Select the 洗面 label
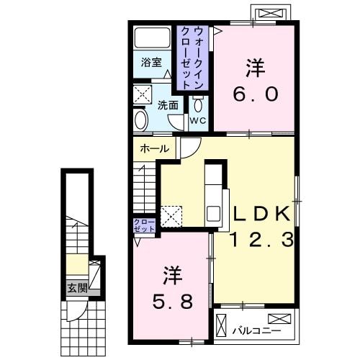(168, 104)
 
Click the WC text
(197, 121)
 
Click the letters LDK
(261, 213)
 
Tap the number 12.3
(262, 240)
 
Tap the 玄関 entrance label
(77, 289)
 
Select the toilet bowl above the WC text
(198, 104)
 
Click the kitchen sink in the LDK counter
(215, 213)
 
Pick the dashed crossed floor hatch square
(171, 215)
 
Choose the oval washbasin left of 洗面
(142, 119)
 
